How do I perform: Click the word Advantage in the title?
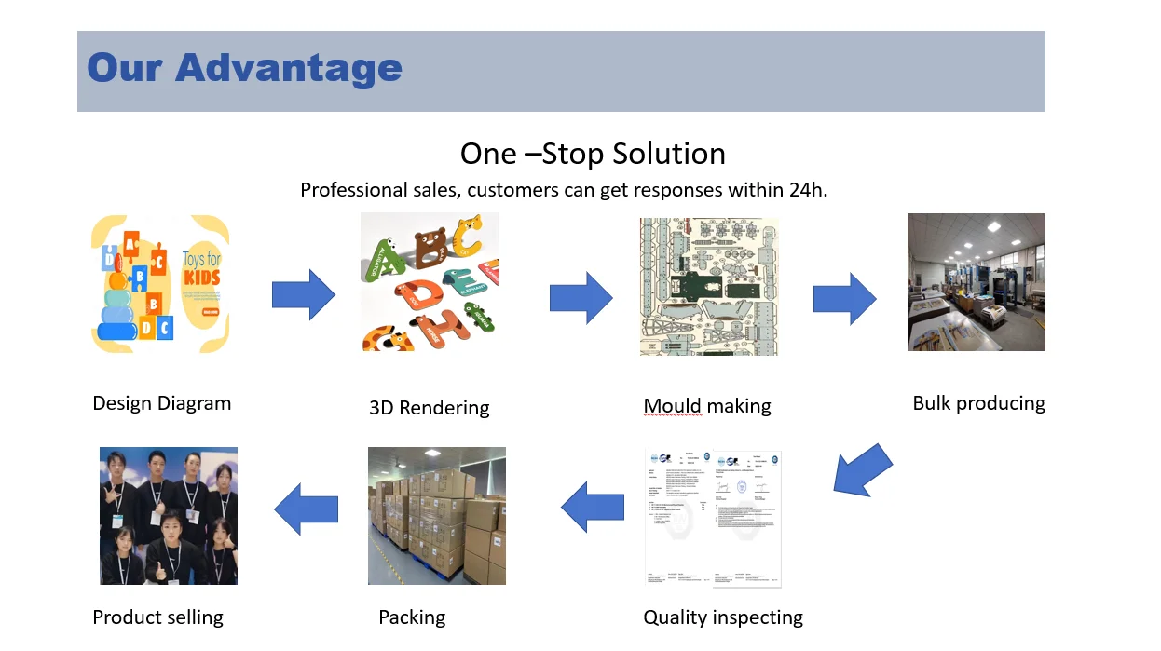(289, 69)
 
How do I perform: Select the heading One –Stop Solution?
(593, 154)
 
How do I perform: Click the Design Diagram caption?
(161, 403)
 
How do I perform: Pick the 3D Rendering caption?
(429, 408)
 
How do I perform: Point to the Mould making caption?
(707, 406)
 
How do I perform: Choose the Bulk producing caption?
(978, 403)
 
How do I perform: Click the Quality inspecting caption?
(723, 617)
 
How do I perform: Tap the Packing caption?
(412, 617)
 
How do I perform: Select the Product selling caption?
(157, 617)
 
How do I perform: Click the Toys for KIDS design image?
(160, 283)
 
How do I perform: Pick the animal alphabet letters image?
(430, 282)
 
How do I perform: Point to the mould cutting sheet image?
(708, 287)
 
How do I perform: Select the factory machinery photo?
(976, 282)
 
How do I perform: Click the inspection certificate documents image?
(714, 518)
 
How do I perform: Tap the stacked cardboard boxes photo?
(436, 516)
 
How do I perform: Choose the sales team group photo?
(169, 516)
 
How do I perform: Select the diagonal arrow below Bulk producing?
(861, 469)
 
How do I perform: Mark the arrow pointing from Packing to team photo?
(306, 509)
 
